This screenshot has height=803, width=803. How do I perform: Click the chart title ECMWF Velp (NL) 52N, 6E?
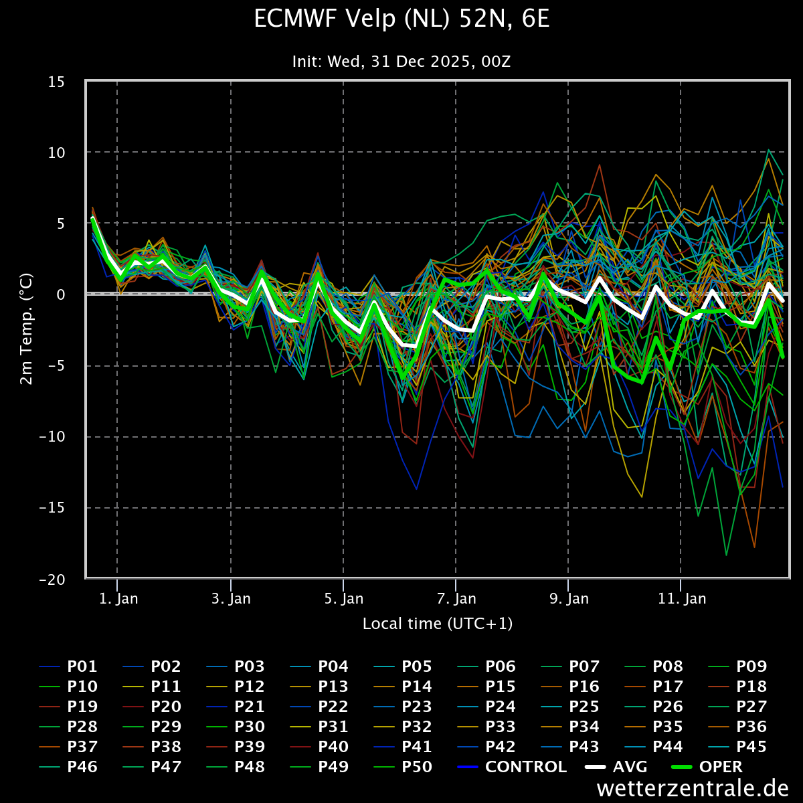pos(401,19)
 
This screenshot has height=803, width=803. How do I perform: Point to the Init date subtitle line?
pos(401,62)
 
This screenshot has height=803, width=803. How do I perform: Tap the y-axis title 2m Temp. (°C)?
pos(26,329)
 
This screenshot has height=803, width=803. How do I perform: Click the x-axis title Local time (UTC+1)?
pos(438,624)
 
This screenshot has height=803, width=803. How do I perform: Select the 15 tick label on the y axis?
pos(56,82)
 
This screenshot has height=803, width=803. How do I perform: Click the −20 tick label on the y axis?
pos(52,579)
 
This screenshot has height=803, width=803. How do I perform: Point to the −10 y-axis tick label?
pos(52,437)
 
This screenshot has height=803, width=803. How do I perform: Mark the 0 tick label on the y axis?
pos(61,294)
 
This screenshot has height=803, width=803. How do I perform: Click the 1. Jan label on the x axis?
pos(118,599)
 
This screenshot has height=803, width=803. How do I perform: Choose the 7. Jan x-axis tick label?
pos(456,599)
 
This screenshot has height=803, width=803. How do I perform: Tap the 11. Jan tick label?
pos(682,599)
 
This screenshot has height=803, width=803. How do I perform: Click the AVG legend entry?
pos(616,767)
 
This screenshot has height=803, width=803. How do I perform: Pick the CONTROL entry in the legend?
pos(512,767)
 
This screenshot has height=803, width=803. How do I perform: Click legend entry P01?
pos(68,666)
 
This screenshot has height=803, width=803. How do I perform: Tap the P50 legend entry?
pos(403,767)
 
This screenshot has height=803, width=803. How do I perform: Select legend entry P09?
pos(737,666)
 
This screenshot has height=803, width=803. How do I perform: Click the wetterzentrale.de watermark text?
pos(693,788)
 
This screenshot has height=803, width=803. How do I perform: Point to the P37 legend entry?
pos(68,747)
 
